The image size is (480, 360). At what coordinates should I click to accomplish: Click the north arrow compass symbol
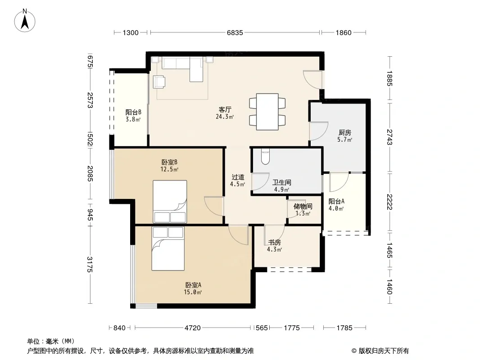[x=25, y=20]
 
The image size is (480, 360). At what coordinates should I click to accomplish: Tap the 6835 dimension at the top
[x=235, y=32]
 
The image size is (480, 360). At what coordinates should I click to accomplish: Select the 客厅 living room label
[x=225, y=109]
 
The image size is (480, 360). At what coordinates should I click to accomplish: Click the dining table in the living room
[x=267, y=112]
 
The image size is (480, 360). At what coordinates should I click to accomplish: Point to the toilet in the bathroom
[x=265, y=157]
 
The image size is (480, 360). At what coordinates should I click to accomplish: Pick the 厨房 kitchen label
[x=345, y=133]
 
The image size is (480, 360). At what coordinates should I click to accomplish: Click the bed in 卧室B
[x=170, y=202]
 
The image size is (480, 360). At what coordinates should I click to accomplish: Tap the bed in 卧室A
[x=168, y=249]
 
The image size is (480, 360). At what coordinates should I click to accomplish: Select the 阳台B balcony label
[x=133, y=112]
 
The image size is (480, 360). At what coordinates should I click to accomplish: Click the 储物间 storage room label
[x=303, y=207]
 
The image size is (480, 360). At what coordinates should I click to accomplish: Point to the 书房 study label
[x=274, y=242]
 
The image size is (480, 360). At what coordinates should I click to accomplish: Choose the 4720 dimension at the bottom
[x=193, y=328]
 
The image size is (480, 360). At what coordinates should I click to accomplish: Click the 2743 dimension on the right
[x=389, y=137]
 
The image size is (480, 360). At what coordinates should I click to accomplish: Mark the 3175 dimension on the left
[x=90, y=264]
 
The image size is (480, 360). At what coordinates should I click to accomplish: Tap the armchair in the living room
[x=159, y=82]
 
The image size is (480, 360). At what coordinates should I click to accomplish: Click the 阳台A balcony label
[x=336, y=201]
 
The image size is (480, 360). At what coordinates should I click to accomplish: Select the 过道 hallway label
[x=238, y=177]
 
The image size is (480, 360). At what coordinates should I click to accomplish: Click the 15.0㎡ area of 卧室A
[x=193, y=292]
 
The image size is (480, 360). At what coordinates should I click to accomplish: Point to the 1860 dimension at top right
[x=344, y=32]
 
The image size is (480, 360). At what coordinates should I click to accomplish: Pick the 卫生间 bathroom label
[x=281, y=183]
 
